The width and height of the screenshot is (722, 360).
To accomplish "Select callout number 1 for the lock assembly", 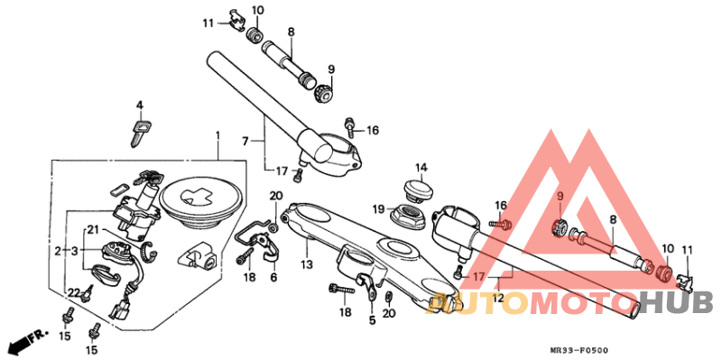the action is [218, 135].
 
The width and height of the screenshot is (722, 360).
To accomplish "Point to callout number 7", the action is [245, 140].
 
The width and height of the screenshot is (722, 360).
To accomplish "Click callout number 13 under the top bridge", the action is [306, 264].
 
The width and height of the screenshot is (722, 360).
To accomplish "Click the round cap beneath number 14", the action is [418, 191].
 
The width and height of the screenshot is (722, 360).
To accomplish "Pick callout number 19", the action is [379, 208].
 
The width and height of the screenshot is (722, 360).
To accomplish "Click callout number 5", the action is [371, 318].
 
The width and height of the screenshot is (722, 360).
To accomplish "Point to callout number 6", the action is [273, 278].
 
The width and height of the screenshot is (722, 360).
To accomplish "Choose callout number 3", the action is [76, 250].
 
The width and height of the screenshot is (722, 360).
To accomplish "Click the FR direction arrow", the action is [26, 341].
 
